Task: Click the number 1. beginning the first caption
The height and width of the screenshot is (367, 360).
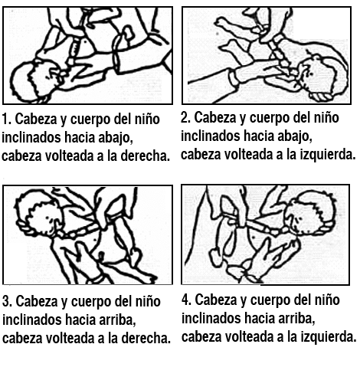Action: click(7, 120)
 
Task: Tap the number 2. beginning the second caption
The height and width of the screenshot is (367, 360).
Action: click(186, 118)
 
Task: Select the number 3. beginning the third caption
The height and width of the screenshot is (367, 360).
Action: click(7, 300)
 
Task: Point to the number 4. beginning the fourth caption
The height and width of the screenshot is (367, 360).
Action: click(186, 299)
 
